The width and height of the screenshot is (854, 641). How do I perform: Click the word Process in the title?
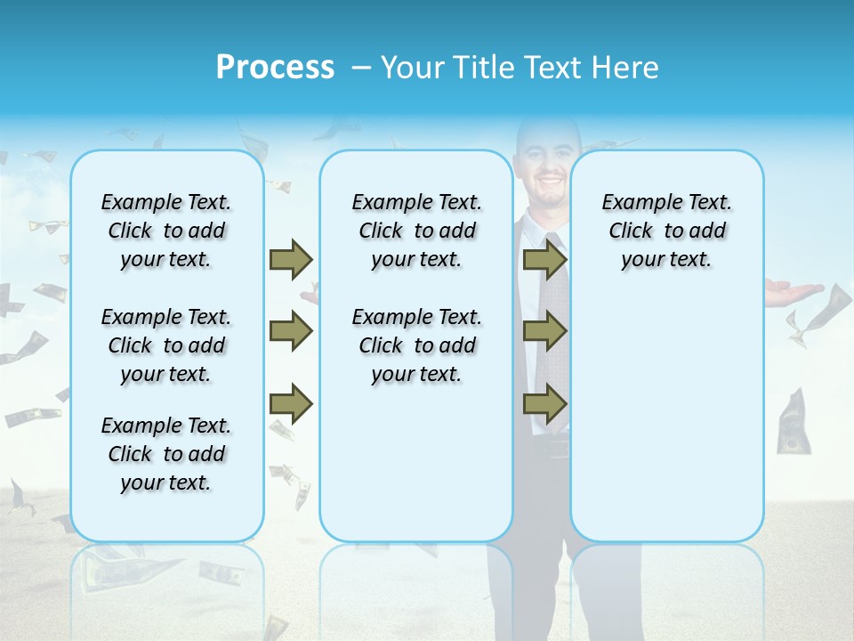275,68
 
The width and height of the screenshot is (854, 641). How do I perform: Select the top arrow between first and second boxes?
291,259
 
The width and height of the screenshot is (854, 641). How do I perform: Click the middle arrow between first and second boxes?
291,332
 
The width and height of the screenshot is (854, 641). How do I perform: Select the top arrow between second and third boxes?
545,259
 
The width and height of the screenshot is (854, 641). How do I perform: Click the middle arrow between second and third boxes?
545,332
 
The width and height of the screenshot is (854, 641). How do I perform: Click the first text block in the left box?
166,231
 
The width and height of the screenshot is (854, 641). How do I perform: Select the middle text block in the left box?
166,345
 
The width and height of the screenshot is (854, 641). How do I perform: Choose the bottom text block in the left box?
166,454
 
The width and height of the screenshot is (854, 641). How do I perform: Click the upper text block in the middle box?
416,231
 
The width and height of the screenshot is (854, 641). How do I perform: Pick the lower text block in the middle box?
416,345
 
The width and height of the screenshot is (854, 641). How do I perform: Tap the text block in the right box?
666,231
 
